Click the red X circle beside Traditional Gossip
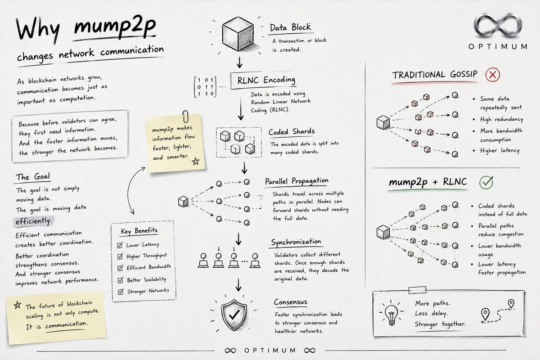tap(492, 75)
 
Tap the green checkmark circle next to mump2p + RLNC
tap(486, 182)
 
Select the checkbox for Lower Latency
tap(120, 245)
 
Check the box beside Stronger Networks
tap(121, 292)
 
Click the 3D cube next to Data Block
tap(238, 34)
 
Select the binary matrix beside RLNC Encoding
tap(205, 87)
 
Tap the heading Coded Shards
tap(292, 132)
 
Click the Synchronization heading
tap(296, 242)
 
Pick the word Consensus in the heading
tap(291, 302)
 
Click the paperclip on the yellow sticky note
tap(185, 117)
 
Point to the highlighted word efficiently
tap(33, 221)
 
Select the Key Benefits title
tap(139, 231)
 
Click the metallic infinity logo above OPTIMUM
tap(498, 26)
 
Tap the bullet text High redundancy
tap(501, 119)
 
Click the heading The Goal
tap(33, 177)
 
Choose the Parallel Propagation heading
tap(297, 181)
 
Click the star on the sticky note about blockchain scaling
tap(18, 305)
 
